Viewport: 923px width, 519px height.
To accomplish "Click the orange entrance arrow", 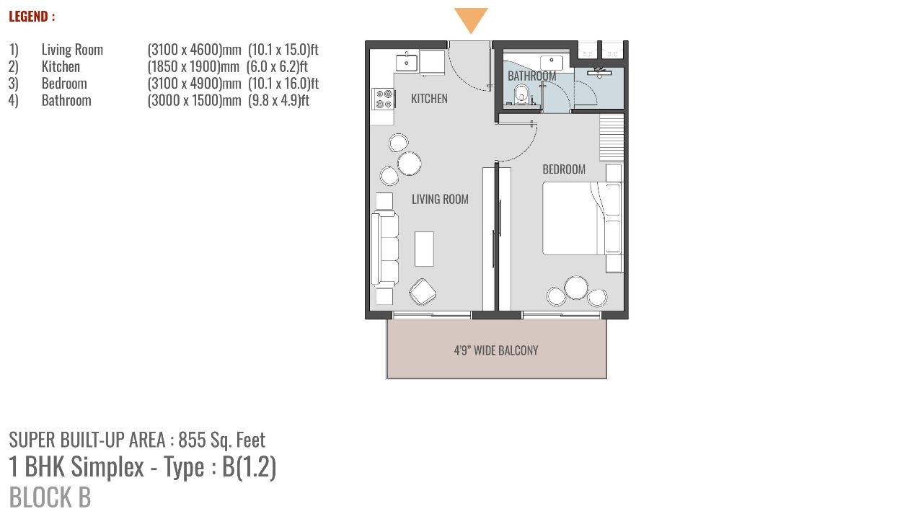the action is (x=471, y=19).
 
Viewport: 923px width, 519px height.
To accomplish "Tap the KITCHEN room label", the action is (x=429, y=99).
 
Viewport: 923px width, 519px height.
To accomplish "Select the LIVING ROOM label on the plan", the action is (x=440, y=200).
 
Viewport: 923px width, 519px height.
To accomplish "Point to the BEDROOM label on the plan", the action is (x=564, y=169).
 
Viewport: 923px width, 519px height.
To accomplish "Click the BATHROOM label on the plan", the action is (x=531, y=76).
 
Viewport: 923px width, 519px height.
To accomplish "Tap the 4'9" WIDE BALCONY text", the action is (x=495, y=350).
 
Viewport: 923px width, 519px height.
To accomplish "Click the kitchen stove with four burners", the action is (x=384, y=99).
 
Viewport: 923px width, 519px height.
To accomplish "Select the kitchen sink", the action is (x=406, y=63).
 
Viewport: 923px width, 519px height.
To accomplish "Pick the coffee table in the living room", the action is (x=424, y=249).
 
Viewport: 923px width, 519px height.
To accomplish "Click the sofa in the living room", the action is (x=385, y=249).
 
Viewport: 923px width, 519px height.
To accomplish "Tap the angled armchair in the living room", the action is (x=423, y=292).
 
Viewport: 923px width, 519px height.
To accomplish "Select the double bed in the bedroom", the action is (x=581, y=218).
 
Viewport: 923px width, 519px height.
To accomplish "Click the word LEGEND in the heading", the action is (x=28, y=17).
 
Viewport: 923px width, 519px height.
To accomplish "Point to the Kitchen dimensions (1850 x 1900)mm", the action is (x=193, y=66).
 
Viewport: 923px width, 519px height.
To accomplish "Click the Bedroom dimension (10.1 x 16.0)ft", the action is (x=283, y=83).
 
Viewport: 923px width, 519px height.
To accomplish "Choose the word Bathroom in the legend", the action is (x=66, y=100).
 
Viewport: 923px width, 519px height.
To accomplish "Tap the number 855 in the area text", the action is (x=192, y=440).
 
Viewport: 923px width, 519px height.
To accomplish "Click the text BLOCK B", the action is (x=50, y=497).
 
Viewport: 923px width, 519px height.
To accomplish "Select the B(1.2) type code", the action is (x=249, y=466).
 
